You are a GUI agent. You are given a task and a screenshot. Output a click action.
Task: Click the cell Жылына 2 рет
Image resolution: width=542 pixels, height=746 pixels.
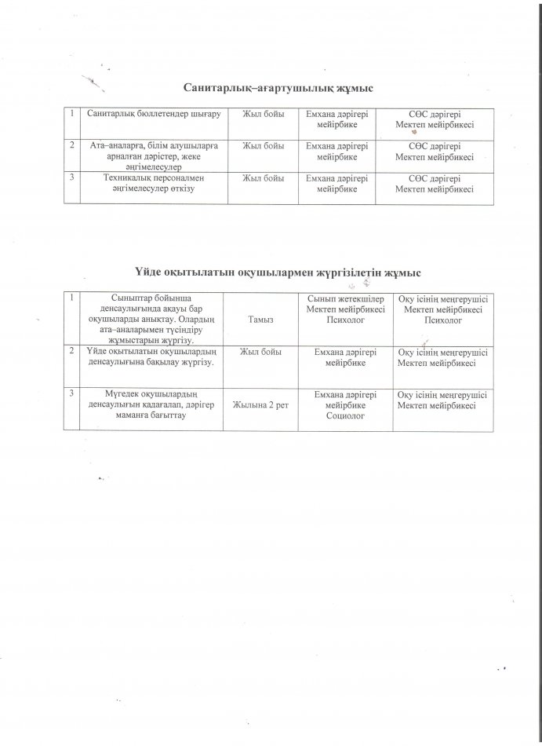(260, 404)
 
